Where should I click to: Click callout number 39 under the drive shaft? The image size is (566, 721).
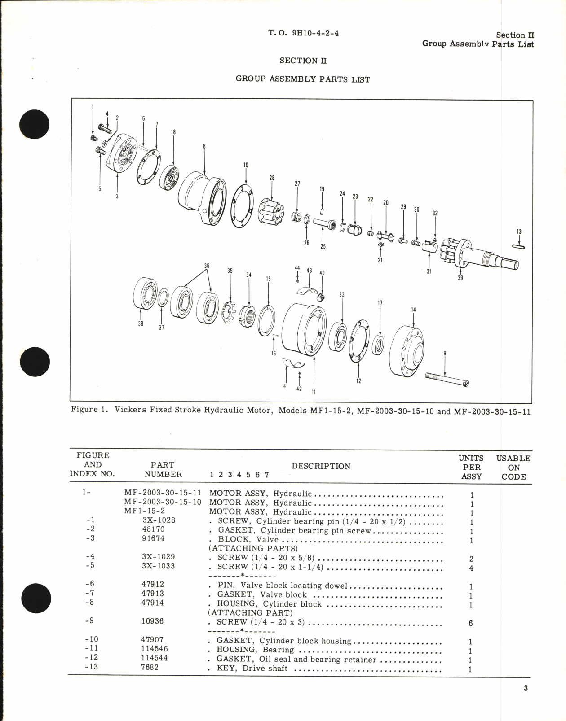click(x=460, y=278)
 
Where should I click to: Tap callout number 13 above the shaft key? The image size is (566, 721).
click(x=519, y=232)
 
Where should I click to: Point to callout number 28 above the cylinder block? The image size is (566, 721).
click(x=272, y=178)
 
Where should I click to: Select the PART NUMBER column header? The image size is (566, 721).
click(x=163, y=469)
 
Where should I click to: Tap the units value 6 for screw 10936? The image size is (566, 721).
click(x=471, y=623)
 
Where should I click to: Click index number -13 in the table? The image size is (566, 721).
click(x=92, y=667)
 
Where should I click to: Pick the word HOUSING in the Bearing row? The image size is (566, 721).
click(x=235, y=650)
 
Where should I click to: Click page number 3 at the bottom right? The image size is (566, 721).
click(x=526, y=688)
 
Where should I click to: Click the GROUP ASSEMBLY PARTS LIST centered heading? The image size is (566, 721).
click(x=303, y=79)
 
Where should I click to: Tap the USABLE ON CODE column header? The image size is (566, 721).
click(x=513, y=468)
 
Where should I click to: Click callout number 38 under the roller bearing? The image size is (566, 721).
click(x=141, y=323)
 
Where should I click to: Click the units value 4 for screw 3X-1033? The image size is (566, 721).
click(x=471, y=568)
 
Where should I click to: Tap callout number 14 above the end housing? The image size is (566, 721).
click(x=413, y=310)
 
